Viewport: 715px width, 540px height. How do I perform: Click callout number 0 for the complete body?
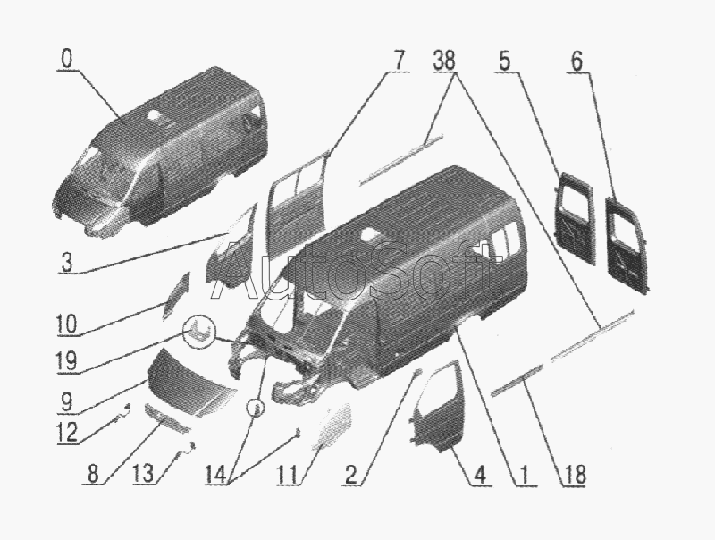pos(66,60)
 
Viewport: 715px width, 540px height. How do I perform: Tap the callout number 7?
pos(398,60)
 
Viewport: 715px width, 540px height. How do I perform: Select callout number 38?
pos(444,60)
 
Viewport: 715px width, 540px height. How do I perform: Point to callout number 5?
pos(504,60)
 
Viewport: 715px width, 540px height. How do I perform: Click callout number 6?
pos(576,60)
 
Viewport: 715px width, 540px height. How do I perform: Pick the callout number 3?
pos(66,263)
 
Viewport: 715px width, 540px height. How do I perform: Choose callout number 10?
pos(66,325)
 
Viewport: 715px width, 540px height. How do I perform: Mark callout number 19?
pos(66,362)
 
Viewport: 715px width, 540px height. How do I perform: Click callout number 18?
pos(574,475)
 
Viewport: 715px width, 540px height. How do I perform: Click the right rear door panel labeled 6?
pos(628,244)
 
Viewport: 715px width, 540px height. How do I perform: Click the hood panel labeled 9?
pos(191,384)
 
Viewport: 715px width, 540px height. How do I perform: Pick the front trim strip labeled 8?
pos(167,418)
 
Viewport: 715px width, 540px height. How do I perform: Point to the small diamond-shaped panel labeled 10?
pos(176,296)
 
